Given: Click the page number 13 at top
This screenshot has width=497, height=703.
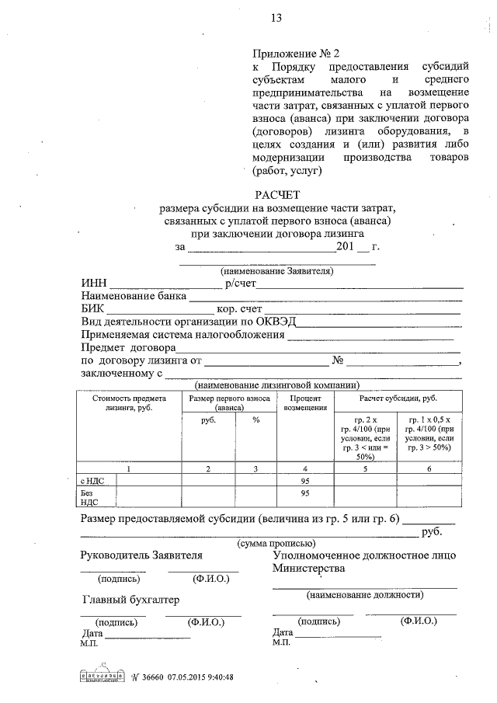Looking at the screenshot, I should tap(276, 19).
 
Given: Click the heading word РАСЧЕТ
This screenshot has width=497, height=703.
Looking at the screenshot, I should tap(277, 193).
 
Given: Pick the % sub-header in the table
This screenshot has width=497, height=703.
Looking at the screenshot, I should tap(255, 419).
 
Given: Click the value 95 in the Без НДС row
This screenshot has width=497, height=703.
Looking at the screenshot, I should tap(305, 493).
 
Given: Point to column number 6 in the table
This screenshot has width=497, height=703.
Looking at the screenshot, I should tap(429, 469).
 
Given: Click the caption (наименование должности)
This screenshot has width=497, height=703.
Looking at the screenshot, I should tap(365, 595).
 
